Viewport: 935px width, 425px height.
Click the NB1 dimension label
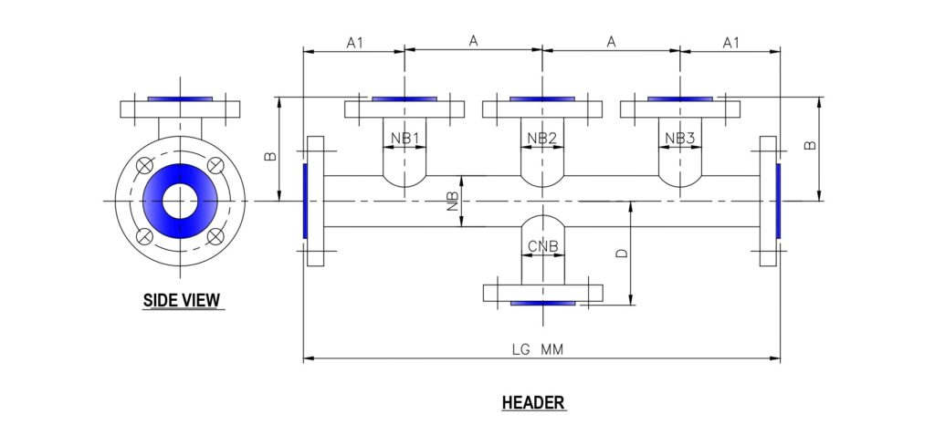tap(404, 139)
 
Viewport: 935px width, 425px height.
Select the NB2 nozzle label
tap(542, 139)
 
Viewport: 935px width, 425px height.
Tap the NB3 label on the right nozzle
tap(680, 139)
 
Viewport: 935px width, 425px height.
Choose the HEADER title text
tap(533, 402)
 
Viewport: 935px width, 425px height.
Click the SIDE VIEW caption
tap(182, 299)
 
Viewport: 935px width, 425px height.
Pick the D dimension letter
tap(622, 254)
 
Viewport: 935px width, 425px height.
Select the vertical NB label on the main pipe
tap(453, 202)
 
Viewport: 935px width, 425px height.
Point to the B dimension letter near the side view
tap(270, 156)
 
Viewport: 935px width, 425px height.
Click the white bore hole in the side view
tap(181, 201)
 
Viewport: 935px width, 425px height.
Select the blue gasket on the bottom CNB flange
tap(542, 303)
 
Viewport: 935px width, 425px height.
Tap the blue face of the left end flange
tap(304, 201)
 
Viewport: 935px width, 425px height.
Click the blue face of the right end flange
tap(778, 201)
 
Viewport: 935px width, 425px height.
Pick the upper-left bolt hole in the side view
tap(144, 165)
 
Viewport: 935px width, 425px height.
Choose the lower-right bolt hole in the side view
tap(216, 236)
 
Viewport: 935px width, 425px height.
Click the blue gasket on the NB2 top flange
tap(542, 98)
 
